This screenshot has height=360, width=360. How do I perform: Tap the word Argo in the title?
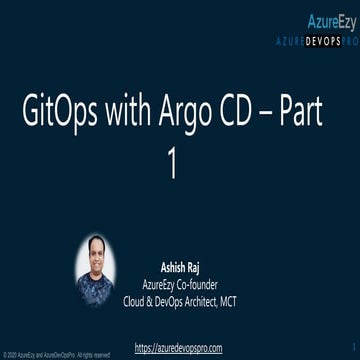pyautogui.click(x=193, y=114)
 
